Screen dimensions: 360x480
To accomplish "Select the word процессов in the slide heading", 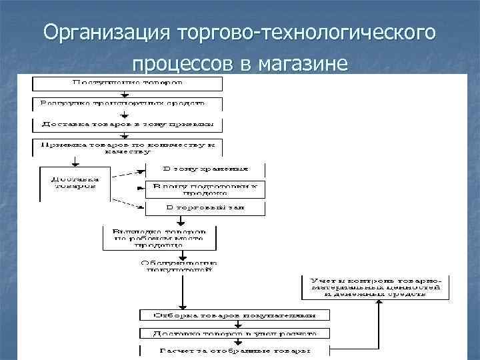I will coord(176,65).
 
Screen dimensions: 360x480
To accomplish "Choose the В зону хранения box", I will coord(205,169).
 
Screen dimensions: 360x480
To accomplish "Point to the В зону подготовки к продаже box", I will coord(205,189).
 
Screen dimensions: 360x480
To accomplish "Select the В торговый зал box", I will coord(205,208).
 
